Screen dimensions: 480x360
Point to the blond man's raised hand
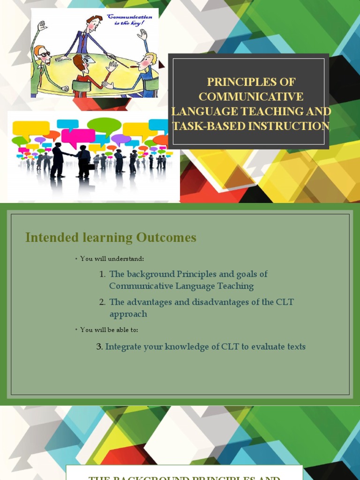(142, 34)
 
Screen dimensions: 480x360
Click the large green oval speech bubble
(104, 125)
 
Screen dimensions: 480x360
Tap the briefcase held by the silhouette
(91, 166)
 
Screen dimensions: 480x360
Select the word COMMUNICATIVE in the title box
(251, 97)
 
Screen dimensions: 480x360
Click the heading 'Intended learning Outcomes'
(111, 238)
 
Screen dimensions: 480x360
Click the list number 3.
(99, 347)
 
